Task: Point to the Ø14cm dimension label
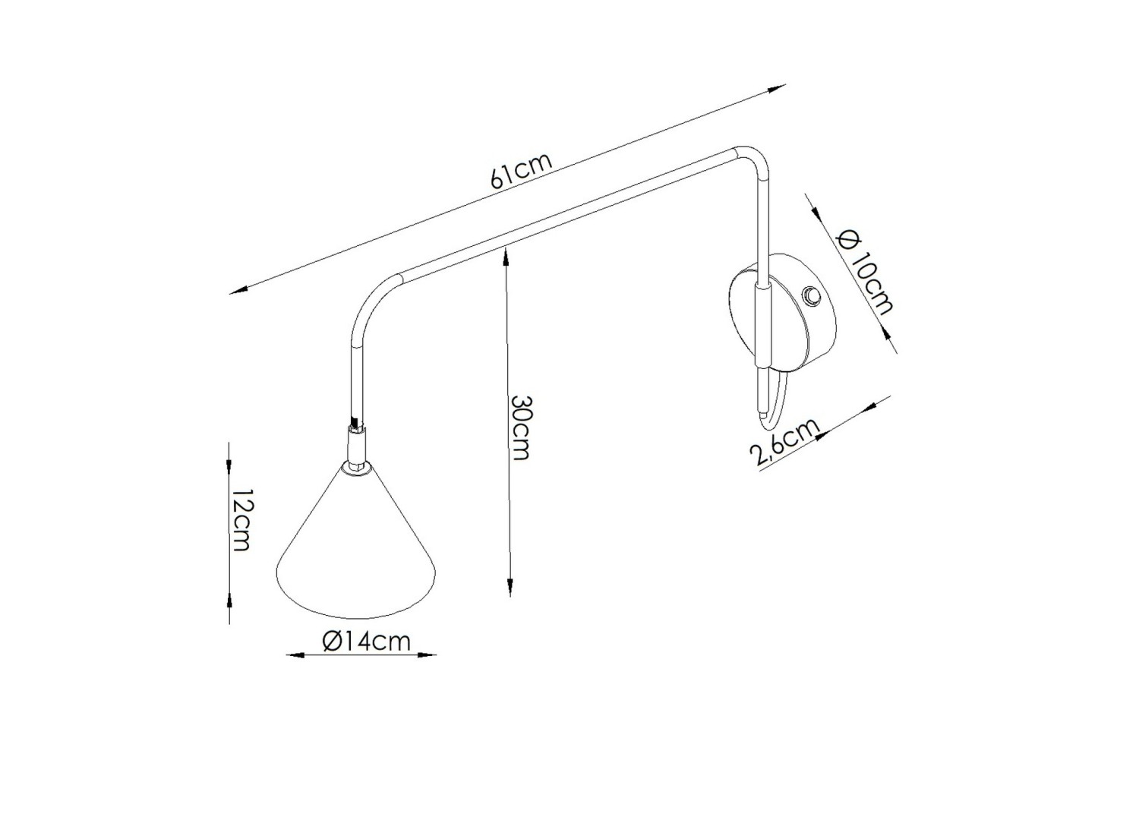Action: point(366,641)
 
